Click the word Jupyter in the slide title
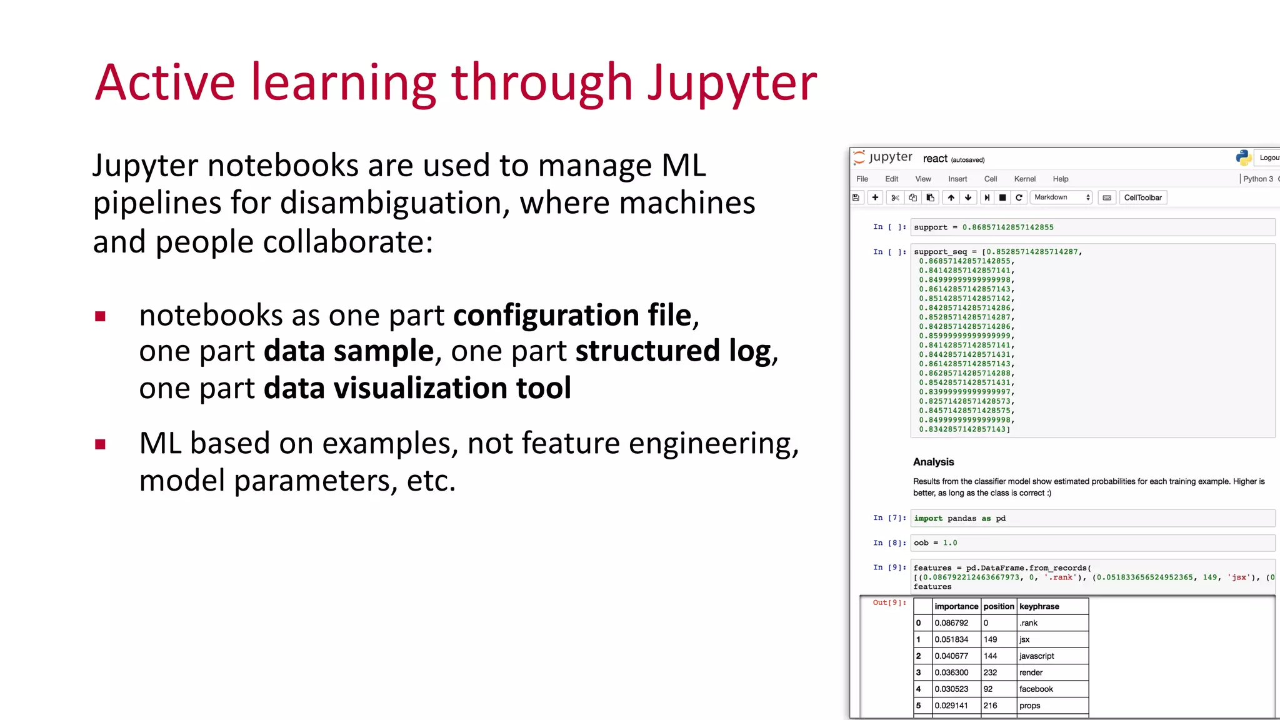click(732, 83)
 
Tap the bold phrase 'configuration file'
click(572, 315)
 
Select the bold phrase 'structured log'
click(672, 351)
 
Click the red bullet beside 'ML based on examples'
click(100, 444)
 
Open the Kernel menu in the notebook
click(1024, 179)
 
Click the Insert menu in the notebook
click(957, 179)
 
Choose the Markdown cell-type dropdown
click(1061, 197)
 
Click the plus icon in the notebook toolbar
click(875, 197)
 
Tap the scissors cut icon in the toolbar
click(895, 197)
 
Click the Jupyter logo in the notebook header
click(882, 157)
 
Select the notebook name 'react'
click(935, 159)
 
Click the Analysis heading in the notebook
click(933, 462)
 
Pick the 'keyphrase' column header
click(1039, 606)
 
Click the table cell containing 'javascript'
click(1036, 656)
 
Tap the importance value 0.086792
click(951, 623)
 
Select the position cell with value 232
click(990, 672)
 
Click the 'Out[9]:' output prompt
click(889, 603)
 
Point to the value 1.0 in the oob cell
click(950, 543)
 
